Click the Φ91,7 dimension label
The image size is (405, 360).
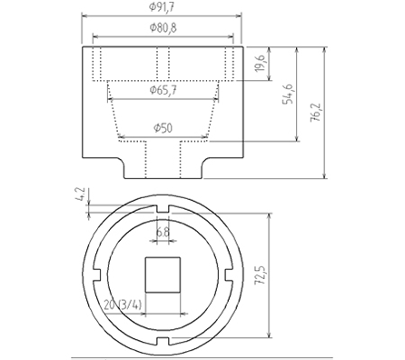pyautogui.click(x=164, y=8)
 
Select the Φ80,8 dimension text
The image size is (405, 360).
pyautogui.click(x=163, y=29)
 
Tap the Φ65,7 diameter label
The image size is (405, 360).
pyautogui.click(x=163, y=89)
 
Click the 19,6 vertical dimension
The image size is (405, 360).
pyautogui.click(x=261, y=64)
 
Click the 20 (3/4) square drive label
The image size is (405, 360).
pyautogui.click(x=123, y=305)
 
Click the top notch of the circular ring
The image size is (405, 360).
pyautogui.click(x=163, y=210)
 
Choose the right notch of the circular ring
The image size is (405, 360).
pyautogui.click(x=229, y=275)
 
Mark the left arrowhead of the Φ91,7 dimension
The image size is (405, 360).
pyautogui.click(x=84, y=15)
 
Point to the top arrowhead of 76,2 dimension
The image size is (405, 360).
pyautogui.click(x=325, y=46)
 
